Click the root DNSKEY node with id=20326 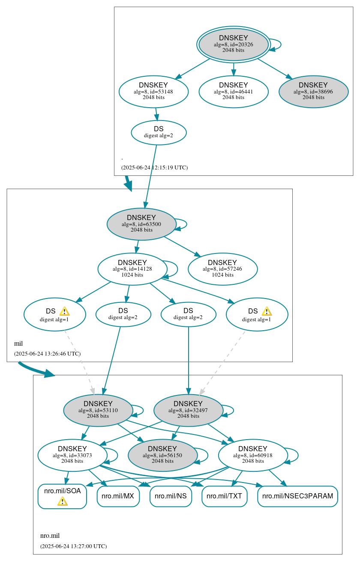pos(233,44)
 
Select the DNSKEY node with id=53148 pos(153,91)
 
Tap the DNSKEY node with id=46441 pos(233,91)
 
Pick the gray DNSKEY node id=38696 pos(313,91)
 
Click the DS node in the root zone pos(159,132)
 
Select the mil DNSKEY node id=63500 pos(141,224)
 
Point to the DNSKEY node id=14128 pos(132,269)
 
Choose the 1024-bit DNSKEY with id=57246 pos(222,269)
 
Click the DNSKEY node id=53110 pos(98,410)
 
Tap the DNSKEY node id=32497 pos(188,410)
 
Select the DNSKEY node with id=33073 pos(72,455)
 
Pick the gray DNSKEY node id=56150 pos(162,455)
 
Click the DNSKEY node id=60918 pos(253,455)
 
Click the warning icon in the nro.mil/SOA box pos(63,501)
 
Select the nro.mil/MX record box pos(118,496)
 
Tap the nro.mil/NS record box pos(171,496)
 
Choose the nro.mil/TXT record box pos(224,496)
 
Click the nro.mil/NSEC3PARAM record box pos(297,496)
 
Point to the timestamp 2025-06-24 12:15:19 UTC pos(154,167)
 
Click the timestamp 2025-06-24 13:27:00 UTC pos(73,546)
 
